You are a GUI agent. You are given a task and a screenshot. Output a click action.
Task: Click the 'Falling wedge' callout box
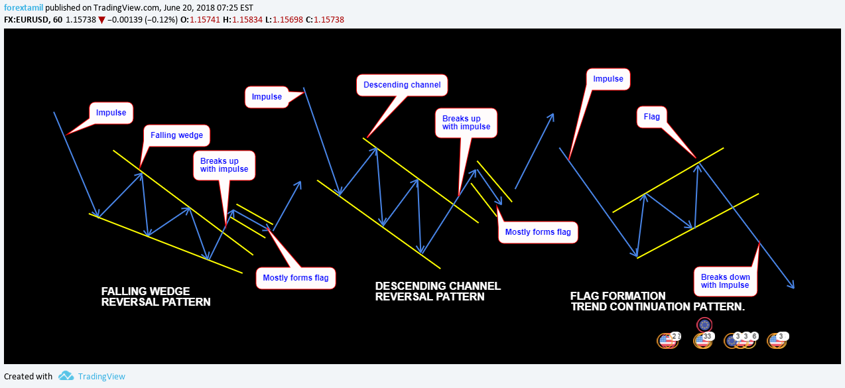click(176, 135)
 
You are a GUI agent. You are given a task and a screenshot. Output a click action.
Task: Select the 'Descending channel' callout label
click(403, 85)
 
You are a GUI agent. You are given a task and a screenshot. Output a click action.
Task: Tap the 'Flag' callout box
click(652, 117)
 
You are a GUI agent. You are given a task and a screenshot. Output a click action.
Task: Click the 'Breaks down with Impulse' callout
click(726, 281)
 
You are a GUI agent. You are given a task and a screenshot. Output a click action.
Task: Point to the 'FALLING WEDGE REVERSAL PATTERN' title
click(156, 296)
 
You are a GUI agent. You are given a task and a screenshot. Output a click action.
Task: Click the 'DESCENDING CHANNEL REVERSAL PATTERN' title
click(438, 291)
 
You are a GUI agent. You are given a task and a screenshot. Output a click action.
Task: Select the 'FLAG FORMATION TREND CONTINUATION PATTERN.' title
click(657, 302)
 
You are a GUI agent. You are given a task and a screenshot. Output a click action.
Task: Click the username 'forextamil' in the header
click(24, 7)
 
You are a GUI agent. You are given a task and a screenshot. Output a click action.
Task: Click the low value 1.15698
click(288, 20)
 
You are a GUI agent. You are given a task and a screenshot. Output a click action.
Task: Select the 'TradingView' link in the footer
click(101, 376)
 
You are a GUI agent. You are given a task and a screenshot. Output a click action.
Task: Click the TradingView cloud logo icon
click(66, 376)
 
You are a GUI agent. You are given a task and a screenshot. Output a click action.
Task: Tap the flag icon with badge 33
click(702, 340)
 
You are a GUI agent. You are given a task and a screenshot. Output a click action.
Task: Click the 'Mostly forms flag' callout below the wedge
click(296, 278)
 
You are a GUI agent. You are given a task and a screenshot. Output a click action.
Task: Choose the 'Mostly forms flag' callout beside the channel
click(538, 232)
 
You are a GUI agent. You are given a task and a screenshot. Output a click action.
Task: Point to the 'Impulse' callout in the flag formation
click(608, 79)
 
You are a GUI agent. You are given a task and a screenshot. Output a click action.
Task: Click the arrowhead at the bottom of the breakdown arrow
click(791, 286)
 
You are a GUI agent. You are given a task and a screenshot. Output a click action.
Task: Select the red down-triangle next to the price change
click(101, 20)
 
